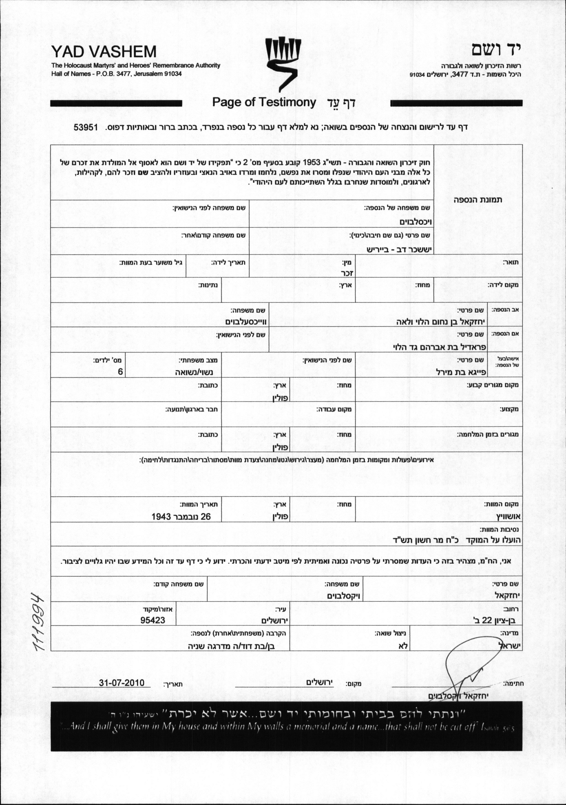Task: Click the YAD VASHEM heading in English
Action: click(x=104, y=52)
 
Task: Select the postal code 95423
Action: click(x=152, y=620)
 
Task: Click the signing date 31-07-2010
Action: click(x=122, y=683)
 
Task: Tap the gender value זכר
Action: click(x=347, y=273)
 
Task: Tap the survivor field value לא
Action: click(x=403, y=646)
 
